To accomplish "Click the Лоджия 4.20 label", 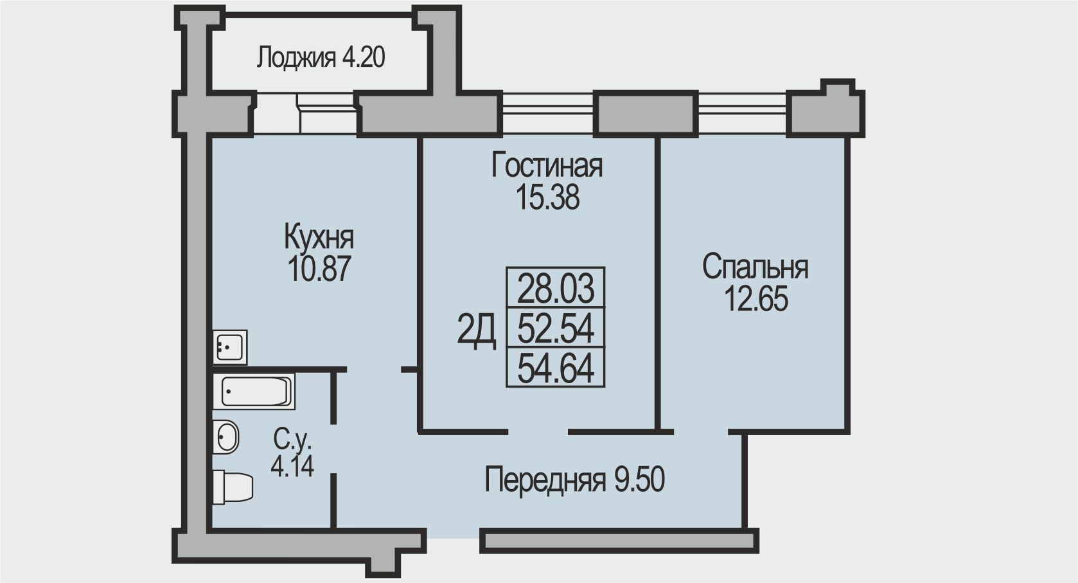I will pos(321,58).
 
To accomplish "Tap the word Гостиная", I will pos(547,166).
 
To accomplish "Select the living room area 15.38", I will pos(547,198).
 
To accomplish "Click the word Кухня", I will pos(319,238).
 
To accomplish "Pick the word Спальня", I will pos(755,267).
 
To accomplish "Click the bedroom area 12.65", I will pos(755,299).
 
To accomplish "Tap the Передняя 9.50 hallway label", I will pos(574,480).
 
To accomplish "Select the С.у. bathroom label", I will pos(292,440).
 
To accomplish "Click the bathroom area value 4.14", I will pos(292,466).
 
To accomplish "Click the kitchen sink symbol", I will pos(230,347).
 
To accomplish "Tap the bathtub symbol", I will pos(255,391).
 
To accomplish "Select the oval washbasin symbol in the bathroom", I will pos(225,437).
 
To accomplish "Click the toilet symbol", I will pos(232,487).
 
